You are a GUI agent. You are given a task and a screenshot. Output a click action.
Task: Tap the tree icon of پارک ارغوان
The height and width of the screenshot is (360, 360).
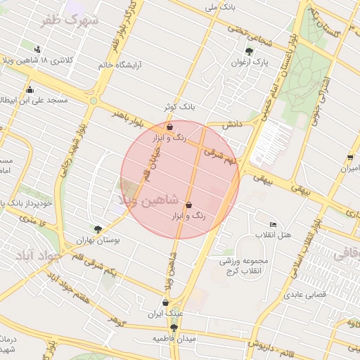point(249,51)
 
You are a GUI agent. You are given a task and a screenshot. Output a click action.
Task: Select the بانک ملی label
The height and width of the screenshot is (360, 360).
point(219,7)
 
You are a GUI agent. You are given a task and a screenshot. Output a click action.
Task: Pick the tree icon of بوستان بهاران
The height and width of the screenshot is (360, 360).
point(98,229)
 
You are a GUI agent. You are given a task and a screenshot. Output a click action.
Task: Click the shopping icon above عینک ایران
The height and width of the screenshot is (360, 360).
point(165,303)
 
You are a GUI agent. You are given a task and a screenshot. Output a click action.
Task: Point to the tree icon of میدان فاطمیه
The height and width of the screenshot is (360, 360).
point(174,328)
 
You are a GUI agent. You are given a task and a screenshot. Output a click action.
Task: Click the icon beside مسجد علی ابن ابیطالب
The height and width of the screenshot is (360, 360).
point(30,89)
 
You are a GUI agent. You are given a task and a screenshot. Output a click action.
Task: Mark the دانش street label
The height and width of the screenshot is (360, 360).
point(232,124)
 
